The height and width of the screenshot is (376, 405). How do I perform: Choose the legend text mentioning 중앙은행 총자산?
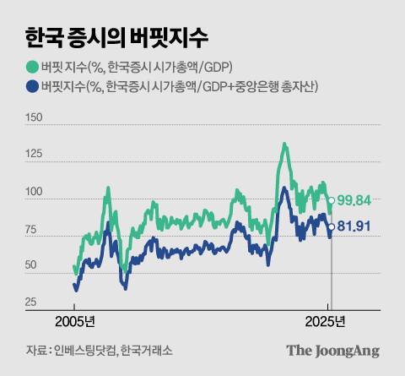tap(182, 87)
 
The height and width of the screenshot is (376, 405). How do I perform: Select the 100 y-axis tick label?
tap(36, 193)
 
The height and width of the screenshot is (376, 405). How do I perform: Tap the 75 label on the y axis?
tap(35, 229)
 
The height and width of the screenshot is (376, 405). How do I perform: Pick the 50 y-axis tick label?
tap(35, 265)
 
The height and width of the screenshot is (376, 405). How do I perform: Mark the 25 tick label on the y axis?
tap(34, 302)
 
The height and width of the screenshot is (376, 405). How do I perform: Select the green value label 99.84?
tap(354, 201)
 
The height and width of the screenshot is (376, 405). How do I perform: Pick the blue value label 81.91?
tap(354, 227)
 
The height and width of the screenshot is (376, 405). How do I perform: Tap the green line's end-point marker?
tap(331, 201)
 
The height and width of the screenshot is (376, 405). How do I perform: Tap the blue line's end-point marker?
tap(331, 227)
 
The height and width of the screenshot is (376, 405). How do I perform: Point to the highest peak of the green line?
tap(284, 144)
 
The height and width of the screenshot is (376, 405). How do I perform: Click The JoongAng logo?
tap(332, 351)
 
